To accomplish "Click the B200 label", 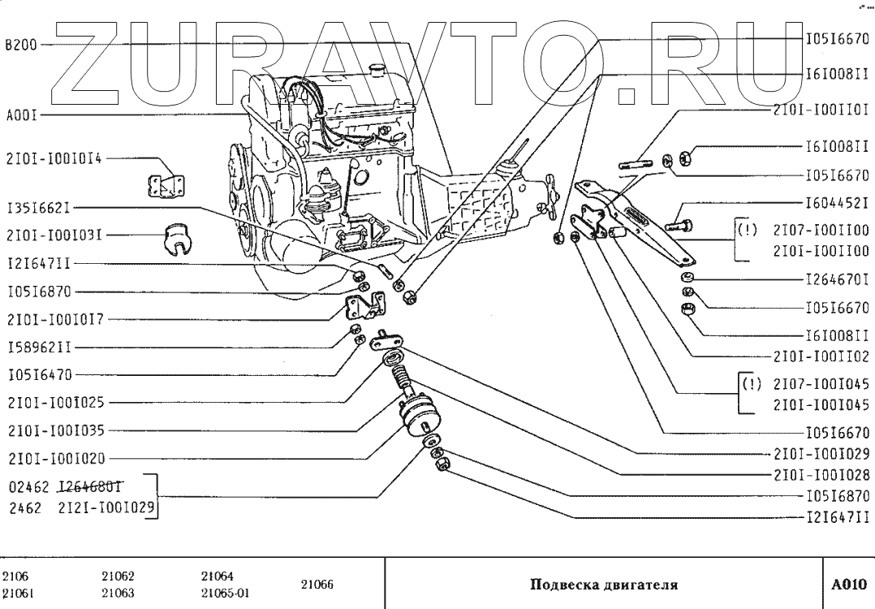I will coord(20,45).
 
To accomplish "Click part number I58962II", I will coord(40,347).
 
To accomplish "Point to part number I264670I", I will coord(837,280).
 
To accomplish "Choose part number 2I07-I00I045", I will coord(821,384).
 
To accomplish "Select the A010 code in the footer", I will coord(849,584).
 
